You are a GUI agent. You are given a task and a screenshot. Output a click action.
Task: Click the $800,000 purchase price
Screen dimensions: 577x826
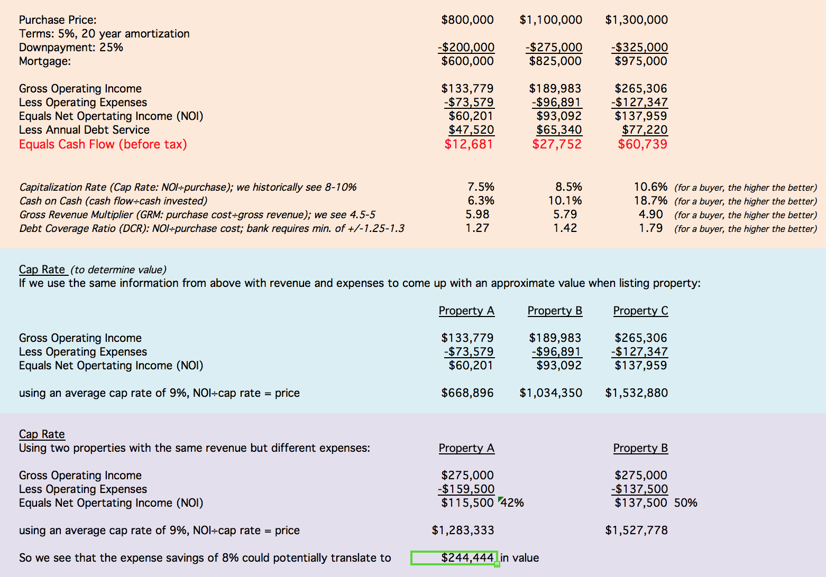click(x=467, y=20)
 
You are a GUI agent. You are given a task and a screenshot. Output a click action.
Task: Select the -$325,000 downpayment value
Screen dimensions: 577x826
click(x=639, y=48)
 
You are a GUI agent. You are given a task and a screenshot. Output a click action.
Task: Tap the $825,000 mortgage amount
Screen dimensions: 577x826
click(x=555, y=61)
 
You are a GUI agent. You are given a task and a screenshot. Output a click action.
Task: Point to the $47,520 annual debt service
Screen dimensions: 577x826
click(x=471, y=130)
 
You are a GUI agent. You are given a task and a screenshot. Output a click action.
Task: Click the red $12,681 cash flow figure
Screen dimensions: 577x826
click(x=469, y=144)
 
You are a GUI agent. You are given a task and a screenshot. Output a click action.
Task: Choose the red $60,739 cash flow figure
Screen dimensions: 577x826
click(x=643, y=144)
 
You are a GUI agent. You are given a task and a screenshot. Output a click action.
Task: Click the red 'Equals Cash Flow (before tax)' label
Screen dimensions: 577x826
click(x=103, y=144)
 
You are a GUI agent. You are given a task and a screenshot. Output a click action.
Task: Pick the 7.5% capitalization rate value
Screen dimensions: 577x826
click(x=481, y=187)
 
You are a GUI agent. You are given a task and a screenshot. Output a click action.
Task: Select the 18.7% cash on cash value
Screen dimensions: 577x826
click(x=650, y=201)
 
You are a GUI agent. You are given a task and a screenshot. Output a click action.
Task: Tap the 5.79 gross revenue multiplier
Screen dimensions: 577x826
click(x=565, y=215)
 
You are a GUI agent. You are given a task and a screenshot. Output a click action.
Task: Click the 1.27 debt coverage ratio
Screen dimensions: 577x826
click(x=477, y=228)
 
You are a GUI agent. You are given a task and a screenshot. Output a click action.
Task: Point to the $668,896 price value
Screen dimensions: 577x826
click(x=467, y=393)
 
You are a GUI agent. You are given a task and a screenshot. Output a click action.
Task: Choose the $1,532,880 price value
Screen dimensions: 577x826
click(x=636, y=393)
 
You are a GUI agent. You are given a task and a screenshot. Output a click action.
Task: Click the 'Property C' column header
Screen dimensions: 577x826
click(x=640, y=311)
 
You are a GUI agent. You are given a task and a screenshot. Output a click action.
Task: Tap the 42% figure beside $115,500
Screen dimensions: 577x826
click(x=512, y=503)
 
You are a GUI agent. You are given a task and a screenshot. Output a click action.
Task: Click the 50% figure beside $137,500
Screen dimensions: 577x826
click(x=685, y=503)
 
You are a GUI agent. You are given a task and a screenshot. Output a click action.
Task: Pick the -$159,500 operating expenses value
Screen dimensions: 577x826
click(x=466, y=489)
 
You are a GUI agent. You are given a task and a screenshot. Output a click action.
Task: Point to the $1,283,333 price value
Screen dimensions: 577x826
click(x=463, y=531)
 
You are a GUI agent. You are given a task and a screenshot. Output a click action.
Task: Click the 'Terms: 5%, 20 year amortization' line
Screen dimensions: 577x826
click(x=104, y=34)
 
